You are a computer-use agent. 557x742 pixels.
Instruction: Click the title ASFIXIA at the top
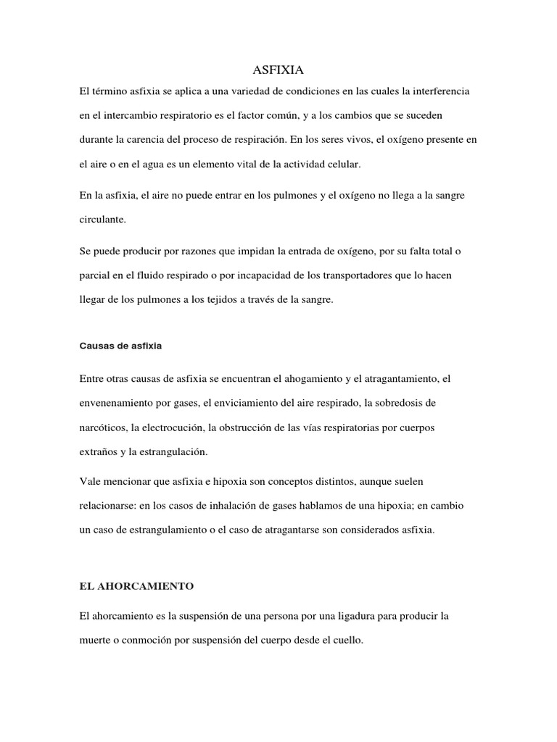[278, 70]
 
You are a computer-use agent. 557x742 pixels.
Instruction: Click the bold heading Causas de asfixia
[120, 346]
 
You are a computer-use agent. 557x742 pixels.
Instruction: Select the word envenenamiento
[117, 402]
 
